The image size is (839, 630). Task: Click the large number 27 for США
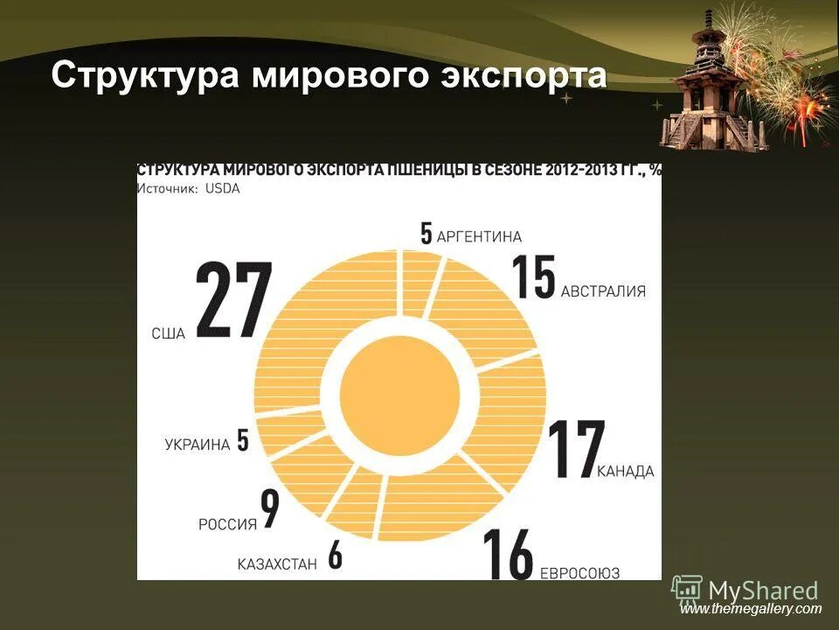pos(233,300)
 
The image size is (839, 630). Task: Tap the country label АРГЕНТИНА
pos(479,236)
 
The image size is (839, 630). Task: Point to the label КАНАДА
pos(626,472)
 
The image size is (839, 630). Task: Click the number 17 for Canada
pos(574,450)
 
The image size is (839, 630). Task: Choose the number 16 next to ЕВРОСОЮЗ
pos(509,553)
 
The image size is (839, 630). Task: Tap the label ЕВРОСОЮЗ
pos(580,573)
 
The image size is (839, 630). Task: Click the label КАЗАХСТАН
pos(277,564)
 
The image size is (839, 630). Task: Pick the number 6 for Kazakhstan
pos(335,556)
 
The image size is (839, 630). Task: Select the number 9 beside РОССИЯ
pos(270,508)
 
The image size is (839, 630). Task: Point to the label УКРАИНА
pos(197,444)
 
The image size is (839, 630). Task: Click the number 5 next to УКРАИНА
pos(243,439)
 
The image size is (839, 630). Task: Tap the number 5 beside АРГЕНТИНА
pos(426,234)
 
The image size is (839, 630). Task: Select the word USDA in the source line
pos(223,188)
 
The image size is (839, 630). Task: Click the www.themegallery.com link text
pos(751,609)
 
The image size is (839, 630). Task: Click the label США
pos(168,333)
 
